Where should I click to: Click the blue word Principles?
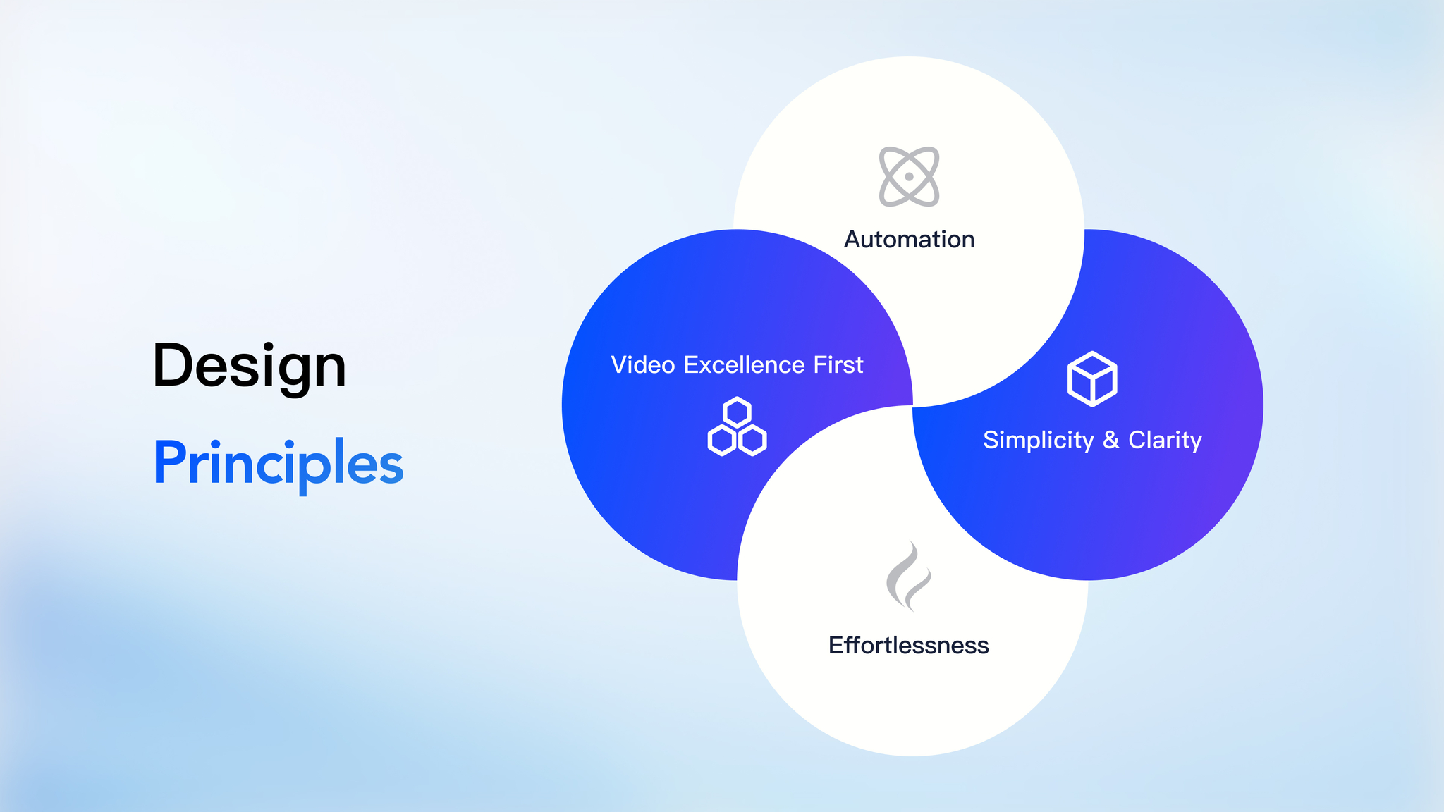279,464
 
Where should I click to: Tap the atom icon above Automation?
909,177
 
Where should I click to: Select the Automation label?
910,240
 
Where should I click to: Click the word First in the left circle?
838,365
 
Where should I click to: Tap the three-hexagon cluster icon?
737,426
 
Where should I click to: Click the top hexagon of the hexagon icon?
737,412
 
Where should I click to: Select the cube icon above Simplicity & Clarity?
1092,379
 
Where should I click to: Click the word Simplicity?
1039,441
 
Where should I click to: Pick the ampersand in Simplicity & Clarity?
1111,440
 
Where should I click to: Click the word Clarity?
1165,441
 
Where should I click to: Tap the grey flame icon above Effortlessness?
909,576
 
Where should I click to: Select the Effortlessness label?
909,646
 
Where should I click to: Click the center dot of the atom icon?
909,177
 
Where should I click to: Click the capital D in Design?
172,366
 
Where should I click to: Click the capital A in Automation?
854,240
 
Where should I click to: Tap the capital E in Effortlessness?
836,646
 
